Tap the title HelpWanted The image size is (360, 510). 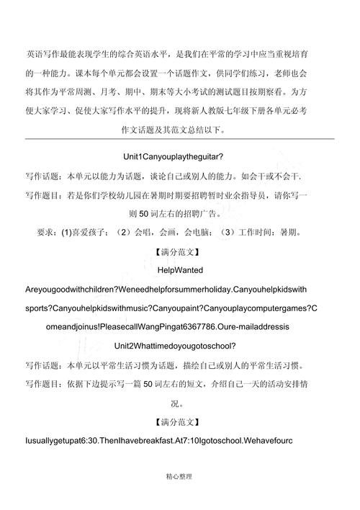[179, 270]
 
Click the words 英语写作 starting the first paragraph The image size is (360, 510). [45, 54]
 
